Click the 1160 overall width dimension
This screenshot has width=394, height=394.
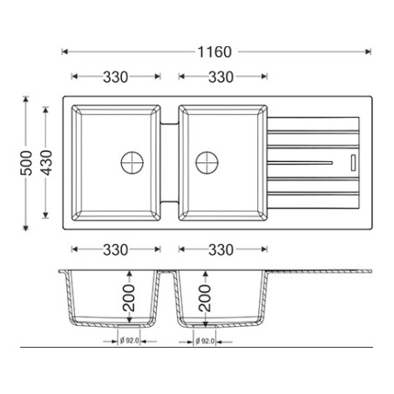click(x=214, y=52)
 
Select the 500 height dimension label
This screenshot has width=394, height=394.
click(x=26, y=163)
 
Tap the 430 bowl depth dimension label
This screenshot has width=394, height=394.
click(x=46, y=163)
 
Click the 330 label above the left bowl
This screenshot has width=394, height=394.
click(x=115, y=77)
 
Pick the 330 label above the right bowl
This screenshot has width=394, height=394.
click(x=221, y=77)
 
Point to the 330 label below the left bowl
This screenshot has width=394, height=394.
click(x=115, y=249)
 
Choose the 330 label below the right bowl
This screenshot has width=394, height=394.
click(x=221, y=249)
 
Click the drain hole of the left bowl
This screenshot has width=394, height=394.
click(x=132, y=162)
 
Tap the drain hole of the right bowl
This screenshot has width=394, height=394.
click(x=207, y=162)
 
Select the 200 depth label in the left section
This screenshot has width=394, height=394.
click(x=129, y=298)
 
